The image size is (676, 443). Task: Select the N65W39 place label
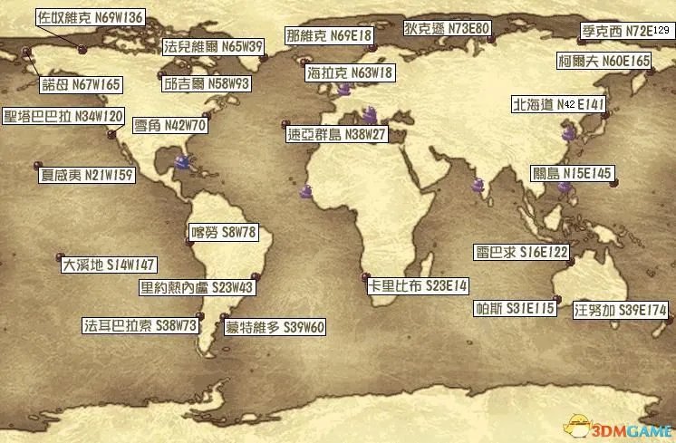213,46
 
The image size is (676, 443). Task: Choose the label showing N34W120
64,117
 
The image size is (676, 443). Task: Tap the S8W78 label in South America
223,233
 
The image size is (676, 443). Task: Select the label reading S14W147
109,266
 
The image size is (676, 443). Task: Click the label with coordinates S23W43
196,288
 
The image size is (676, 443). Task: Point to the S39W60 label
274,326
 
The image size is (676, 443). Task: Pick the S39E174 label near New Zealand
621,310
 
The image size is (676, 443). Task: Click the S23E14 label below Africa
418,285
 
